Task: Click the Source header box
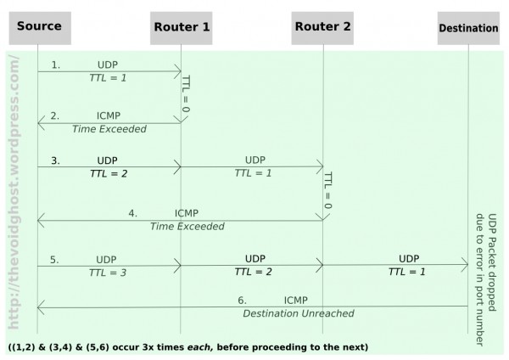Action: point(39,27)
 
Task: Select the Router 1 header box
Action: point(182,27)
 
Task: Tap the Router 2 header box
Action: point(322,27)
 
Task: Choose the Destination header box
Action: point(468,28)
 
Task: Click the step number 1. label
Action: point(56,65)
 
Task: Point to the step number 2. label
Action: point(54,115)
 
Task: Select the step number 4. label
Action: point(132,213)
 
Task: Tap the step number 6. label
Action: point(242,300)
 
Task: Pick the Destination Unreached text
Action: point(298,313)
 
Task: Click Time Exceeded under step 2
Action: point(109,129)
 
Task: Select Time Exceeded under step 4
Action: point(187,227)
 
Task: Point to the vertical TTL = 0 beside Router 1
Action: point(187,93)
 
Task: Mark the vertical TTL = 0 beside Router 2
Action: point(327,191)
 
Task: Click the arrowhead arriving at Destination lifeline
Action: point(464,266)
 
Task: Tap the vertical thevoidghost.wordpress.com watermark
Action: point(14,191)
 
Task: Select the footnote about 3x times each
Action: point(188,346)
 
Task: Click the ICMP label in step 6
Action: point(296,300)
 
